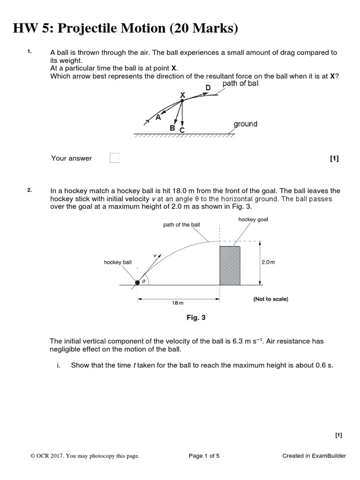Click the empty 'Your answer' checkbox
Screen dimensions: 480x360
[x=114, y=158]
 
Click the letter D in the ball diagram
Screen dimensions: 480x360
[x=208, y=88]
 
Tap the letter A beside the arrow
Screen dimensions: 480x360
[x=158, y=118]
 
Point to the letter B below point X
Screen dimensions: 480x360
[x=172, y=127]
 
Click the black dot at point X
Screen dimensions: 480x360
[x=182, y=100]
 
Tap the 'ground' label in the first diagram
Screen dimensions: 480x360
[x=245, y=124]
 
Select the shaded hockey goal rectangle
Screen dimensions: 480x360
[x=230, y=264]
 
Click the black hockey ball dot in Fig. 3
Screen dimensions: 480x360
[x=137, y=283]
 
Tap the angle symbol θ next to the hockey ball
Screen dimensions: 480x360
[x=144, y=281]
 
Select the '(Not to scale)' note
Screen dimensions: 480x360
[x=270, y=299]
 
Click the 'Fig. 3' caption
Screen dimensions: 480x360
[x=196, y=318]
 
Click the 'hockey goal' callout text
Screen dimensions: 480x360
[x=253, y=219]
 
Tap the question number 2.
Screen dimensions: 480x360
[x=29, y=190]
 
